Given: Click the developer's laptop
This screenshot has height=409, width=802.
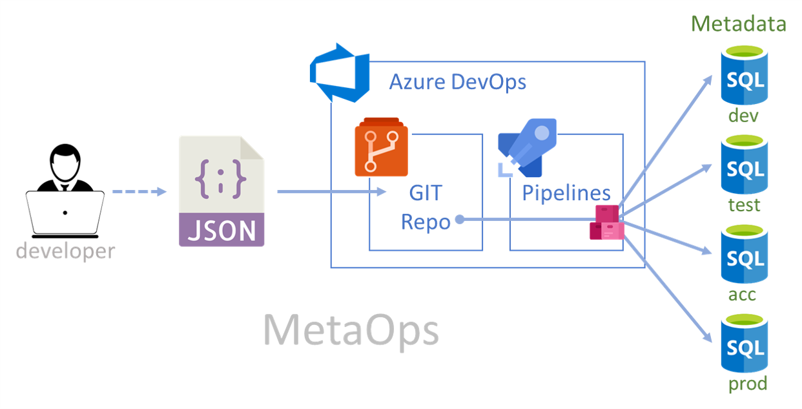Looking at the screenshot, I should (65, 213).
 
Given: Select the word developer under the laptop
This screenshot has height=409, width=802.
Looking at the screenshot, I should (65, 251).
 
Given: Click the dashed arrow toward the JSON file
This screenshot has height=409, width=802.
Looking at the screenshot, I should (138, 192).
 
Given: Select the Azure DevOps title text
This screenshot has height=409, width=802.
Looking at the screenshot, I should (457, 82).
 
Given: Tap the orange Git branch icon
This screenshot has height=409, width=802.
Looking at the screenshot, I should (381, 147).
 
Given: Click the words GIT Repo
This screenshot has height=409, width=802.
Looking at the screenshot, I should (426, 207).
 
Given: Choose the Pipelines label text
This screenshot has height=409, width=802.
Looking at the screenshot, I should (566, 193).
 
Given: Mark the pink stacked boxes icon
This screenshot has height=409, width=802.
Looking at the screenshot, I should (606, 223).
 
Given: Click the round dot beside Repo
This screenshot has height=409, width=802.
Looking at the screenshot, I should (459, 220).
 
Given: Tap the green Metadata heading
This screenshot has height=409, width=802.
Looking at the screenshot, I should (739, 25).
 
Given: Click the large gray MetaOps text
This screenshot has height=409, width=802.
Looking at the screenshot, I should (351, 330).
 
